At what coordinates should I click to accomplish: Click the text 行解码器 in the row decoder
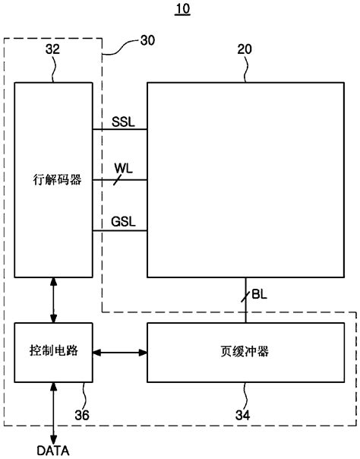tap(53, 181)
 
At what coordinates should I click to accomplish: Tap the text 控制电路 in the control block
tap(52, 353)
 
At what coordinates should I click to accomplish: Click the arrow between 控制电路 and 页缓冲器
tap(119, 353)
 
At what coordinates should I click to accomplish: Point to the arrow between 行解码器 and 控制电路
tap(52, 300)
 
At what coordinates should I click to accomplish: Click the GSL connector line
tap(119, 230)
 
